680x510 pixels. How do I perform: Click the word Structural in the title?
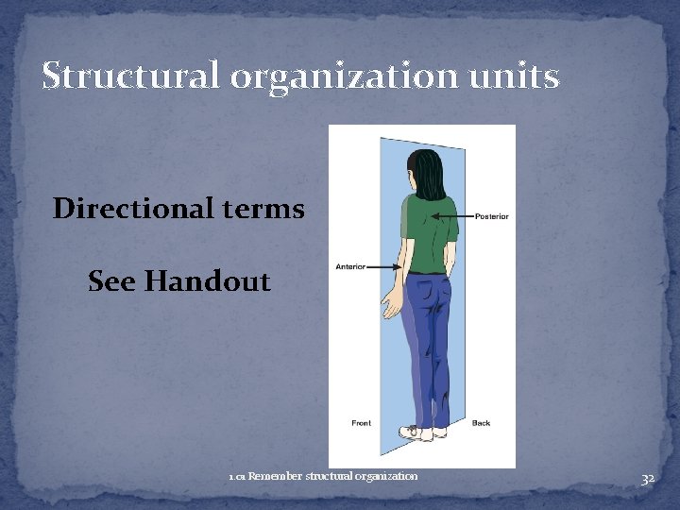pyautogui.click(x=128, y=76)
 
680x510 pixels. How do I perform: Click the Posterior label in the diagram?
pyautogui.click(x=491, y=216)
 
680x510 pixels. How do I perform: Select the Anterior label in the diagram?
pyautogui.click(x=350, y=267)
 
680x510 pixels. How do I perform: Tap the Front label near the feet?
pyautogui.click(x=361, y=423)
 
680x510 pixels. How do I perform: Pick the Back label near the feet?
pyautogui.click(x=482, y=423)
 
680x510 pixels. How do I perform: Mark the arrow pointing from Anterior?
pyautogui.click(x=385, y=267)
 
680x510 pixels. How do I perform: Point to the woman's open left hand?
pyautogui.click(x=389, y=306)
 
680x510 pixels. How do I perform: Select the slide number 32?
pyautogui.click(x=648, y=479)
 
